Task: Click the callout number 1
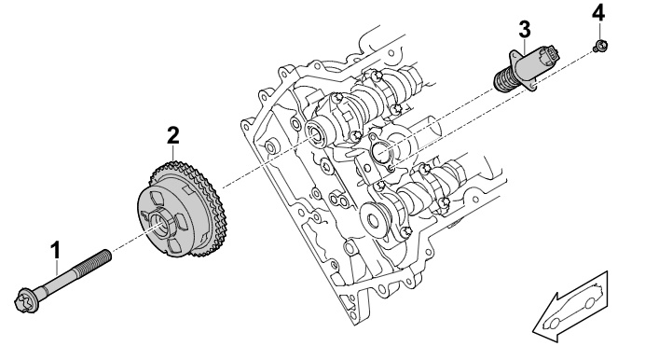click(55, 250)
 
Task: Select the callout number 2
click(173, 135)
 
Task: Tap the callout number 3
click(525, 30)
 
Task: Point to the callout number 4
click(598, 13)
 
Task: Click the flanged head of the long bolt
click(27, 300)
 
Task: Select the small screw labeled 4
click(601, 46)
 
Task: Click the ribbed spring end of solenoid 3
click(505, 82)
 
